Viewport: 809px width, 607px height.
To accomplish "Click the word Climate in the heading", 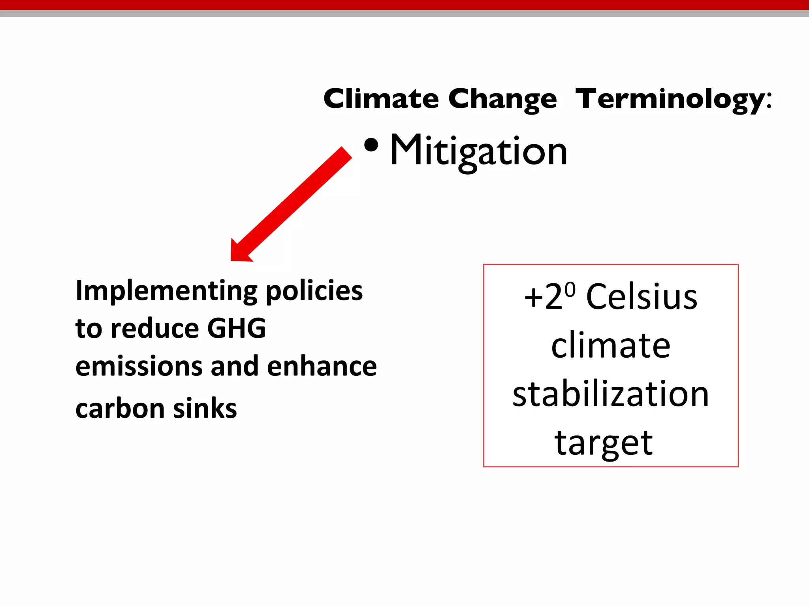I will tap(381, 99).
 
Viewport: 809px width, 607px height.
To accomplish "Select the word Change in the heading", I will tap(502, 100).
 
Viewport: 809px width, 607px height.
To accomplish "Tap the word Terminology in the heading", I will tap(670, 100).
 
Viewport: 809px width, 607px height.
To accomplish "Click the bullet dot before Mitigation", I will tap(371, 145).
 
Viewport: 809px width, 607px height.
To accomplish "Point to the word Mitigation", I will tap(479, 152).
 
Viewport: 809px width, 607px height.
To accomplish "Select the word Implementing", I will tap(166, 292).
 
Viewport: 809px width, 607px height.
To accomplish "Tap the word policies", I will tap(314, 292).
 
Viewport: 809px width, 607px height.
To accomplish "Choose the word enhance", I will tap(322, 366).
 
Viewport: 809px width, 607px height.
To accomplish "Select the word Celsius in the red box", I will tap(642, 297).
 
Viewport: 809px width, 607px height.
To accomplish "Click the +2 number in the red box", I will tap(544, 297).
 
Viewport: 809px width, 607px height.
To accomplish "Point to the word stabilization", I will tap(611, 394).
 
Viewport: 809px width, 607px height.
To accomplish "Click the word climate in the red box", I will tap(611, 346).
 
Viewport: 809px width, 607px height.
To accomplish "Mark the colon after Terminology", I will tap(769, 101).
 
